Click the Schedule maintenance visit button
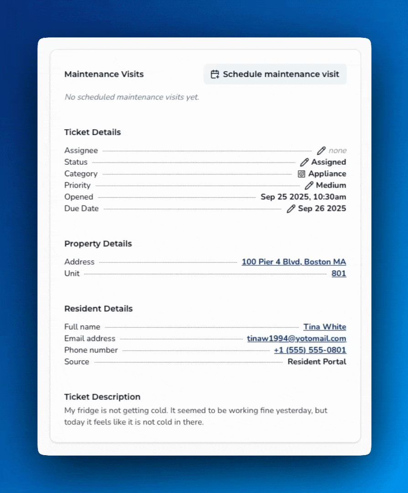click(x=275, y=74)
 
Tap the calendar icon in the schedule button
click(x=215, y=74)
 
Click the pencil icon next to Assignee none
click(x=321, y=151)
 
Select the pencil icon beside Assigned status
click(x=304, y=162)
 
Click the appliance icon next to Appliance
click(x=301, y=174)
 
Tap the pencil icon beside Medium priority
click(x=309, y=185)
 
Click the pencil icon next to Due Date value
click(x=291, y=209)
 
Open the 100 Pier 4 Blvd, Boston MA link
click(x=293, y=262)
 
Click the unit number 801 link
click(x=339, y=273)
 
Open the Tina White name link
click(x=324, y=327)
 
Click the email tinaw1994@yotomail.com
click(x=296, y=339)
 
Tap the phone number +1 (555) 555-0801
click(x=310, y=350)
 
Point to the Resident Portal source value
click(x=317, y=362)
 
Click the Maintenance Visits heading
click(x=104, y=74)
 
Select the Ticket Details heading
click(x=93, y=132)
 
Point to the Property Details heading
click(x=98, y=244)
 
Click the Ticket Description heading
click(x=102, y=397)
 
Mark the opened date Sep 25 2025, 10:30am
click(x=303, y=197)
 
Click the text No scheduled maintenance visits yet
click(x=132, y=97)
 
